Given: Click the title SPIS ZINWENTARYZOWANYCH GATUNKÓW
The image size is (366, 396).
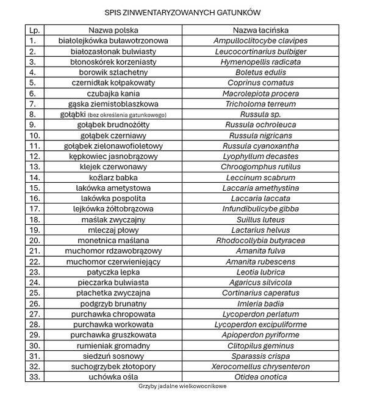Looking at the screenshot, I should pos(182,12).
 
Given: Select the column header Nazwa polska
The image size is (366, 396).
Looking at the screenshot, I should pos(113,30).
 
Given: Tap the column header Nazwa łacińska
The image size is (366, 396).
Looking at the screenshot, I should pos(260,30).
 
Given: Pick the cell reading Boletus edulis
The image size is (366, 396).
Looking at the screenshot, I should pos(260,72).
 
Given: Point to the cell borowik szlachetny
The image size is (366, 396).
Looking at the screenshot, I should pos(113,72).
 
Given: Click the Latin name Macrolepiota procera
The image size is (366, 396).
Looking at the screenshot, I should pos(260,94).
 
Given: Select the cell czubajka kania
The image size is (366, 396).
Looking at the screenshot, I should pos(113,94).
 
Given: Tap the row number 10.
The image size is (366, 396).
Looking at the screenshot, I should pos(34,135).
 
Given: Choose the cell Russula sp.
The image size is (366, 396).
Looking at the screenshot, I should pos(260,114).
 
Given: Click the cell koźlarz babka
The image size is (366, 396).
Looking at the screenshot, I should pos(113,177).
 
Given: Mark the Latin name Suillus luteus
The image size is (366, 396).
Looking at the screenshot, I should pos(260,219).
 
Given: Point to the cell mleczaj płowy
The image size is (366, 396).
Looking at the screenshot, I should pos(113,230).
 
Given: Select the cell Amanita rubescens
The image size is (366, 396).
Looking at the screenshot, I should pos(260,262).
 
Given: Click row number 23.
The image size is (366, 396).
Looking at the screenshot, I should pos(34,272).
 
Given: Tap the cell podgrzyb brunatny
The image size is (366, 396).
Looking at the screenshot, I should pos(113,303).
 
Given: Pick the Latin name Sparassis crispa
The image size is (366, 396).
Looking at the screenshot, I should pos(260,356).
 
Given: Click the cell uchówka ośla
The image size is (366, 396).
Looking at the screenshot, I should pos(113,377).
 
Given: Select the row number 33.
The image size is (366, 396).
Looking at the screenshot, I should pos(34,377).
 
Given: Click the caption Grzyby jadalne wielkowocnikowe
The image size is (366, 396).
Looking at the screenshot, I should pos(182,387).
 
